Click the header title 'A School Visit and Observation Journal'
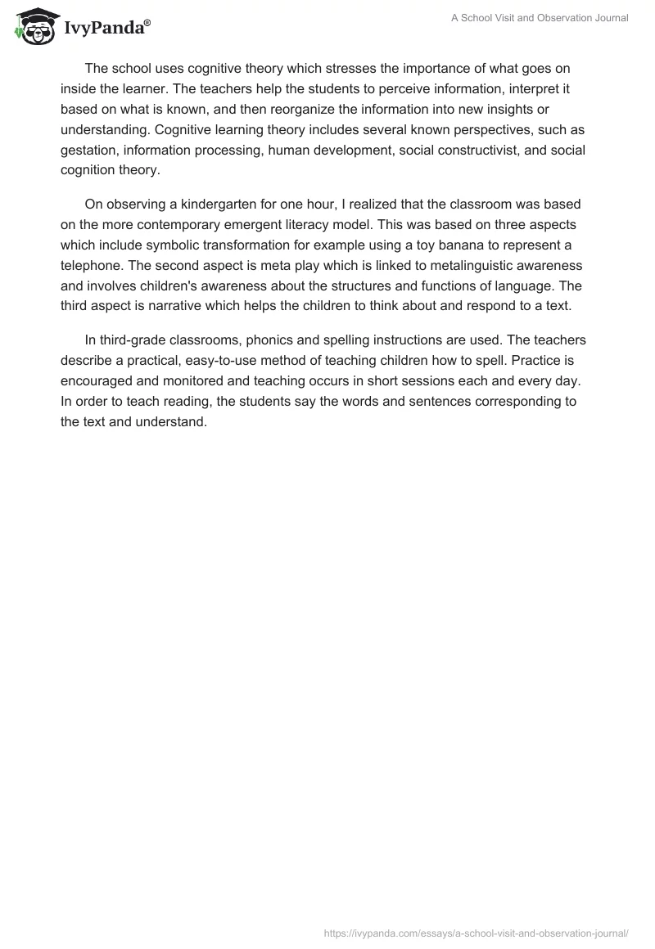point(540,18)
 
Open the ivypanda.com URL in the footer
point(477,933)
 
